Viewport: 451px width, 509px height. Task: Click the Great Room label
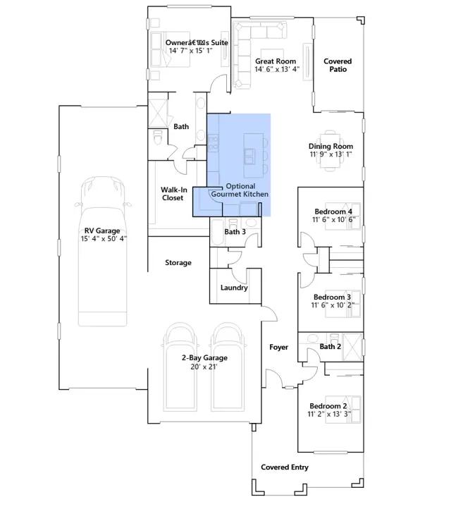coord(276,61)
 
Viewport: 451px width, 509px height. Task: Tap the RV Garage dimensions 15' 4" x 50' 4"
coord(104,239)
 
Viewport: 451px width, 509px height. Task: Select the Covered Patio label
coord(338,66)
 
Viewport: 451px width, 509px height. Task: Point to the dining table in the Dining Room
coord(330,149)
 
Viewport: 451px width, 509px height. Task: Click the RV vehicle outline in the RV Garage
coord(102,251)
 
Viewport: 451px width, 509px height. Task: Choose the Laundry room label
coord(234,288)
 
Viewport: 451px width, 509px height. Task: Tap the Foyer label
coord(279,348)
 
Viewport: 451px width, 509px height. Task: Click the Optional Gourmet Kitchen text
coord(240,190)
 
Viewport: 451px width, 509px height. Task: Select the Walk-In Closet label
coord(173,194)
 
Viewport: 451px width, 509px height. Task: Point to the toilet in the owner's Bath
coord(157,138)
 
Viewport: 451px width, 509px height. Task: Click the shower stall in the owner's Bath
coord(159,114)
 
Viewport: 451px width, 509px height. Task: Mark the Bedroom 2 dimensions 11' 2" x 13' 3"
coord(329,415)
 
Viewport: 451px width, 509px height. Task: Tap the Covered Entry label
coord(285,467)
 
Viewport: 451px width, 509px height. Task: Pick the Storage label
coord(178,263)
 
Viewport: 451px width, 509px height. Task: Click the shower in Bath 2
coord(352,347)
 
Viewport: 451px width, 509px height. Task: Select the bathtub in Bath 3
coord(217,233)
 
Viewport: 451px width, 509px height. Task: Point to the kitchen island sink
coord(249,156)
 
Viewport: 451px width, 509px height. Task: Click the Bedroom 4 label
coord(333,211)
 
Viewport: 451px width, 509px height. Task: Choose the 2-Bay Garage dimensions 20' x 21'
coord(204,367)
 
